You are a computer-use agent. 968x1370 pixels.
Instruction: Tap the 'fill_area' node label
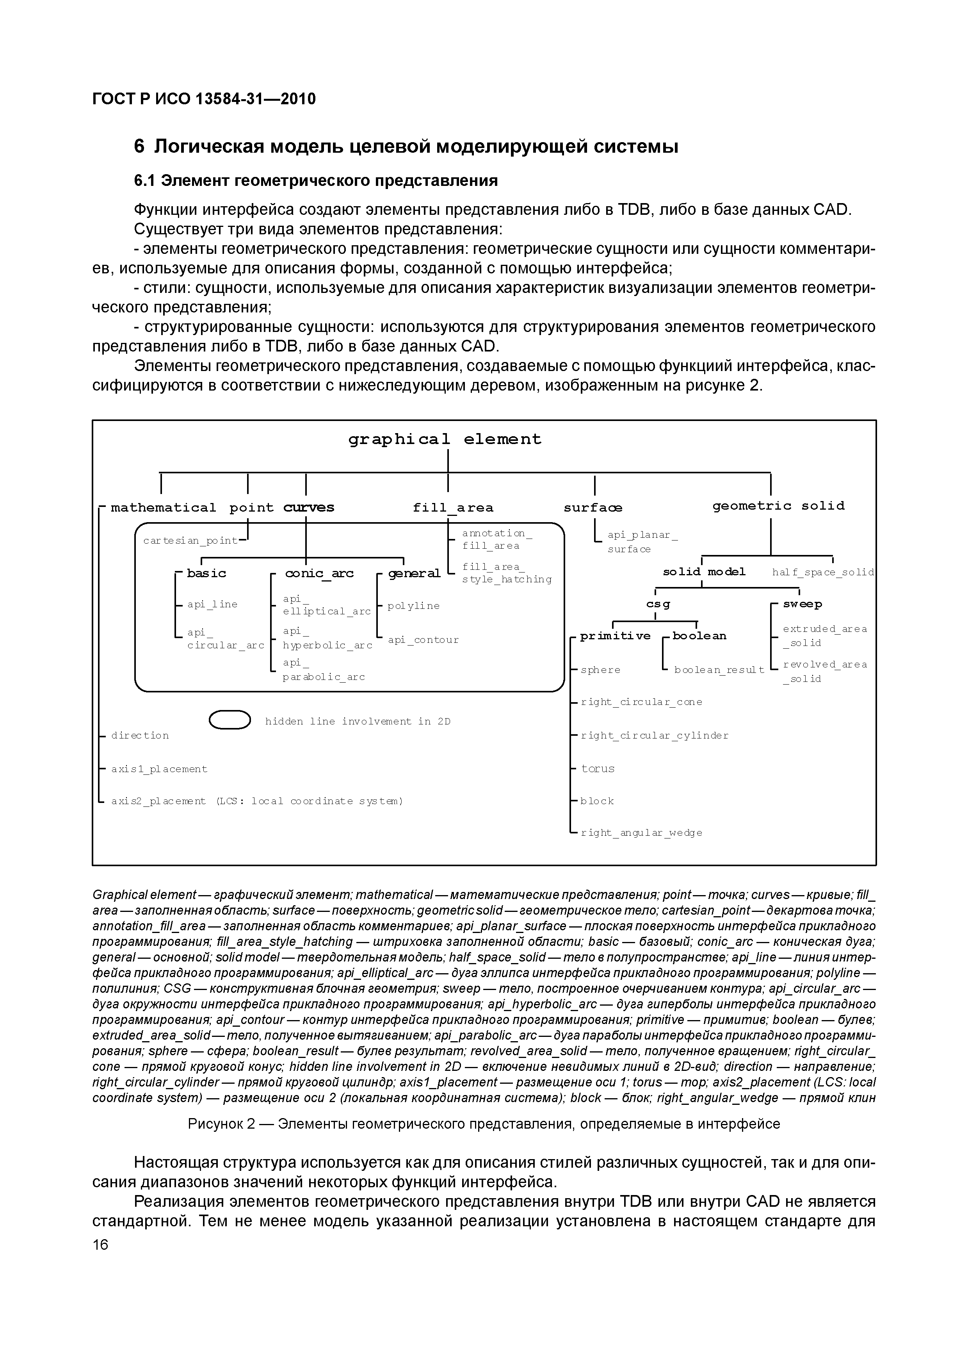(453, 508)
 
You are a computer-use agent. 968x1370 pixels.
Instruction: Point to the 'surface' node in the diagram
(593, 508)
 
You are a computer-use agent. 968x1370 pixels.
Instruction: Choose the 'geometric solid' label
(778, 506)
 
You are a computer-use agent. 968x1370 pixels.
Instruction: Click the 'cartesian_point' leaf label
(190, 541)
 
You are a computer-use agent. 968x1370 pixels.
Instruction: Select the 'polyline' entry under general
(413, 606)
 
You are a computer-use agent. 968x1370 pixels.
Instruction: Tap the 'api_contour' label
(423, 640)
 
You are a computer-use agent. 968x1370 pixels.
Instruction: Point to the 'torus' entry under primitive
(598, 769)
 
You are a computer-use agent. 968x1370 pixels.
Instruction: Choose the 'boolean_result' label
(719, 670)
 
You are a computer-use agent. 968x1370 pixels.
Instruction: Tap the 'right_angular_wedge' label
(642, 833)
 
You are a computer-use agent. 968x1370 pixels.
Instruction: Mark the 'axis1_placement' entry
(159, 769)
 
